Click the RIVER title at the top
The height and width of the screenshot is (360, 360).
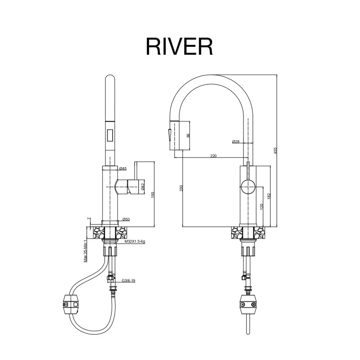pyautogui.click(x=179, y=46)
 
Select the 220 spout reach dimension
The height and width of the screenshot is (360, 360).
pyautogui.click(x=213, y=156)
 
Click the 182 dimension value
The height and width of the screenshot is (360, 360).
pyautogui.click(x=269, y=196)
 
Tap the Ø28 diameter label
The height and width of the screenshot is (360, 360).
pyautogui.click(x=236, y=141)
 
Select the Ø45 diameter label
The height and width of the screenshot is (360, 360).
pyautogui.click(x=123, y=168)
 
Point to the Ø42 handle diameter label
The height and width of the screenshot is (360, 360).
pyautogui.click(x=143, y=186)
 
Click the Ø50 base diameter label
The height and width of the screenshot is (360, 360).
pyautogui.click(x=126, y=219)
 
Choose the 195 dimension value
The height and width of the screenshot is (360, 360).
pyautogui.click(x=153, y=194)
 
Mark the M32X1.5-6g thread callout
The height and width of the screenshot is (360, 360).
pyautogui.click(x=135, y=242)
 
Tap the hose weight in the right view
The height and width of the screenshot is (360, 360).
pyautogui.click(x=248, y=303)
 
